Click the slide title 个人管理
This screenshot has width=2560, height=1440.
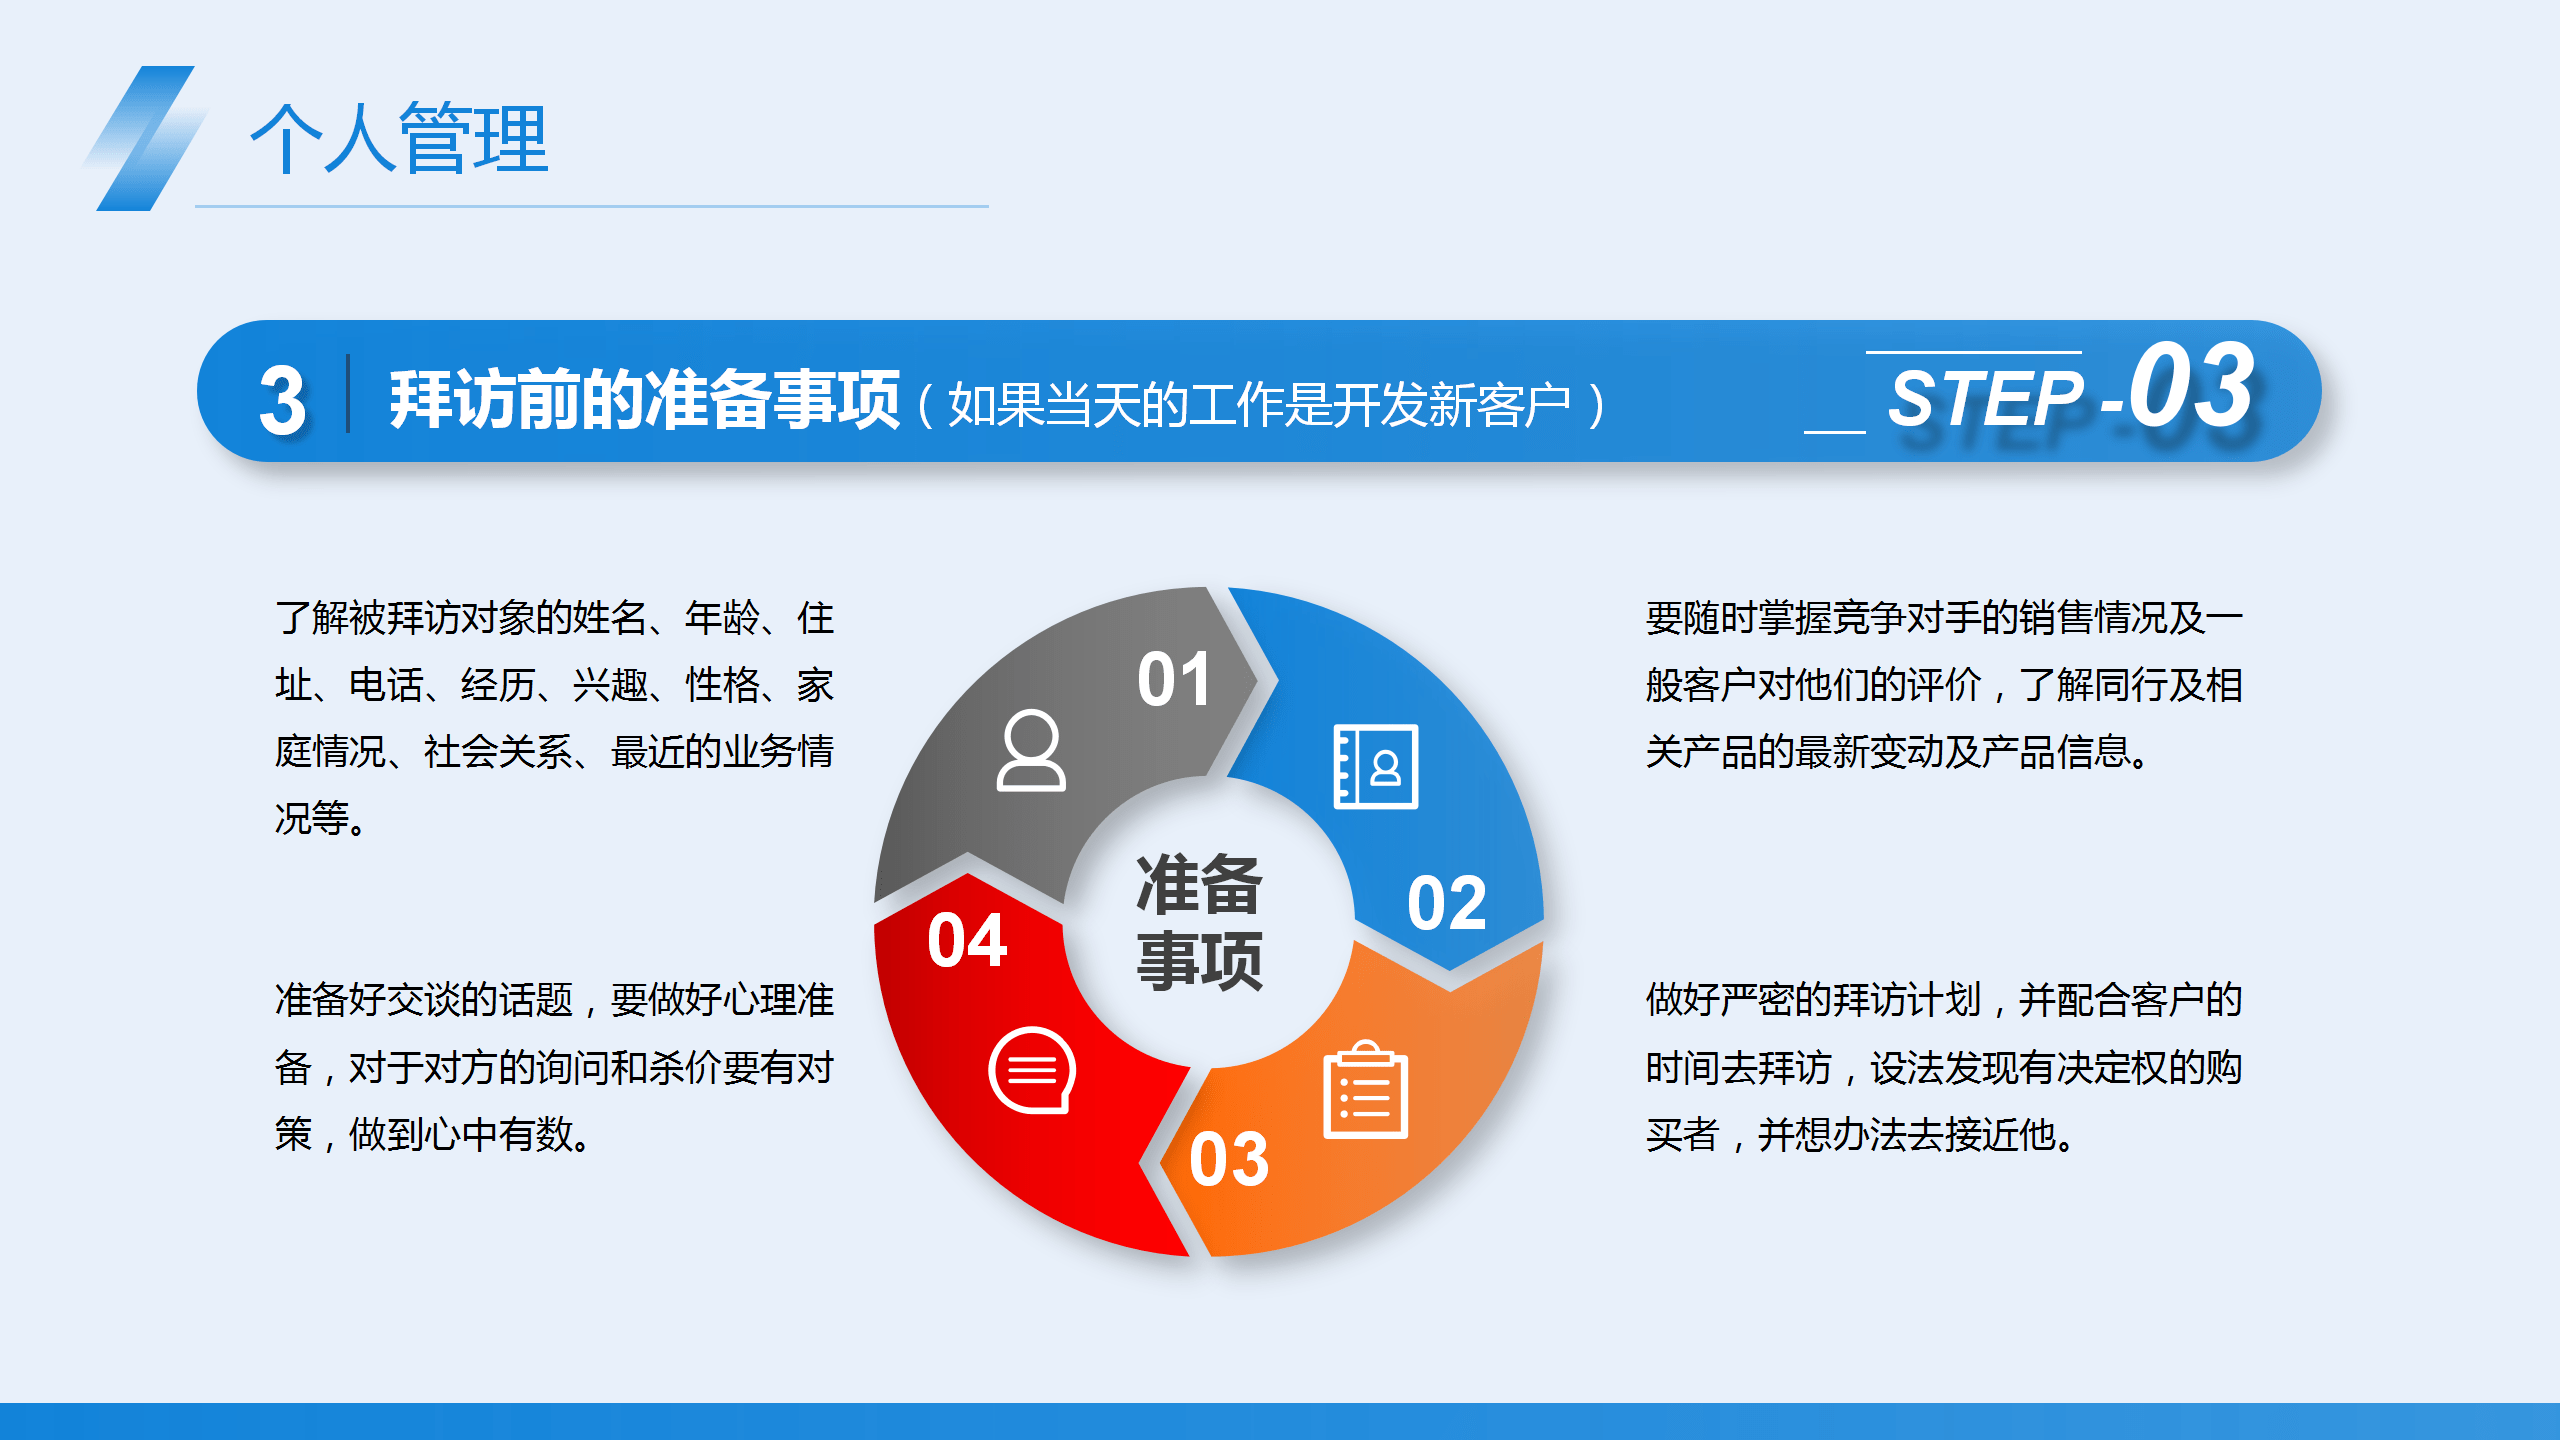click(399, 138)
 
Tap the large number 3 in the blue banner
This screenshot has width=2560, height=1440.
click(282, 400)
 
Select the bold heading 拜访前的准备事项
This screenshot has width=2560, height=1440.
click(644, 400)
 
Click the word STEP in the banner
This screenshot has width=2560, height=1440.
click(1985, 398)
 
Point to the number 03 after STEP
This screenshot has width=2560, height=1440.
click(2191, 385)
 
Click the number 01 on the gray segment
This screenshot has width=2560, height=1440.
click(1174, 680)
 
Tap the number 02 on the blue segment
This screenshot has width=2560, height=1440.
click(1446, 903)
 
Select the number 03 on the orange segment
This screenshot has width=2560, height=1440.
click(1229, 1159)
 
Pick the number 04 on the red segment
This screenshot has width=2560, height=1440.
click(966, 940)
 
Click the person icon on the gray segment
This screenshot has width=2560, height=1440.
click(1031, 750)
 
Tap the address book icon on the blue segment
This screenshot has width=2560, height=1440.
click(1376, 766)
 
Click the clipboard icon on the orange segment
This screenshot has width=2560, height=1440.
click(1365, 1090)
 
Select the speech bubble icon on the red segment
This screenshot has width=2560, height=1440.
click(1032, 1070)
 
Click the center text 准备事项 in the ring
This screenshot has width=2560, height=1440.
click(1199, 921)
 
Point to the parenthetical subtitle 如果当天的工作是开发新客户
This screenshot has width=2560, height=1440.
click(1260, 405)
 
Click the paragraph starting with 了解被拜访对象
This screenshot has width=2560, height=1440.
click(554, 718)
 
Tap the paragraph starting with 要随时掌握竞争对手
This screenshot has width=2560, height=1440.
click(1944, 685)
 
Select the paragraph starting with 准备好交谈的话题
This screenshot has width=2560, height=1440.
click(554, 1067)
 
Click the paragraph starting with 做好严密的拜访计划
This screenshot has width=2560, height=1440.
click(1944, 1067)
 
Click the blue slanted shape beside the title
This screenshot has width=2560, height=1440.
click(145, 138)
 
